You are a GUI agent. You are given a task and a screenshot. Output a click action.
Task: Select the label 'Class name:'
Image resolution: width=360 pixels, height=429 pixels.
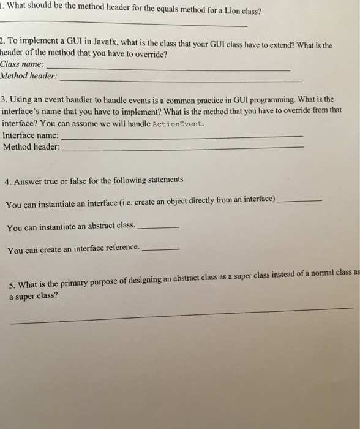point(23,64)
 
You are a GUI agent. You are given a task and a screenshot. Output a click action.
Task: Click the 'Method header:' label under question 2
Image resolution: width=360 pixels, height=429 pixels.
point(29,75)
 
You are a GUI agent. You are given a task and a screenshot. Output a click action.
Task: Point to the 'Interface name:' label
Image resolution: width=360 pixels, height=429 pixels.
point(31,135)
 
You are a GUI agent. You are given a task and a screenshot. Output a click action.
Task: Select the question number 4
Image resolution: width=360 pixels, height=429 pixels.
point(7,181)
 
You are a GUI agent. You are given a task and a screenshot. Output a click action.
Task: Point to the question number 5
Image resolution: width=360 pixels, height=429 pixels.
point(13,285)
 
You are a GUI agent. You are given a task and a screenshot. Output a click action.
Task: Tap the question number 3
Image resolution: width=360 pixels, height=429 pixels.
point(4,99)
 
